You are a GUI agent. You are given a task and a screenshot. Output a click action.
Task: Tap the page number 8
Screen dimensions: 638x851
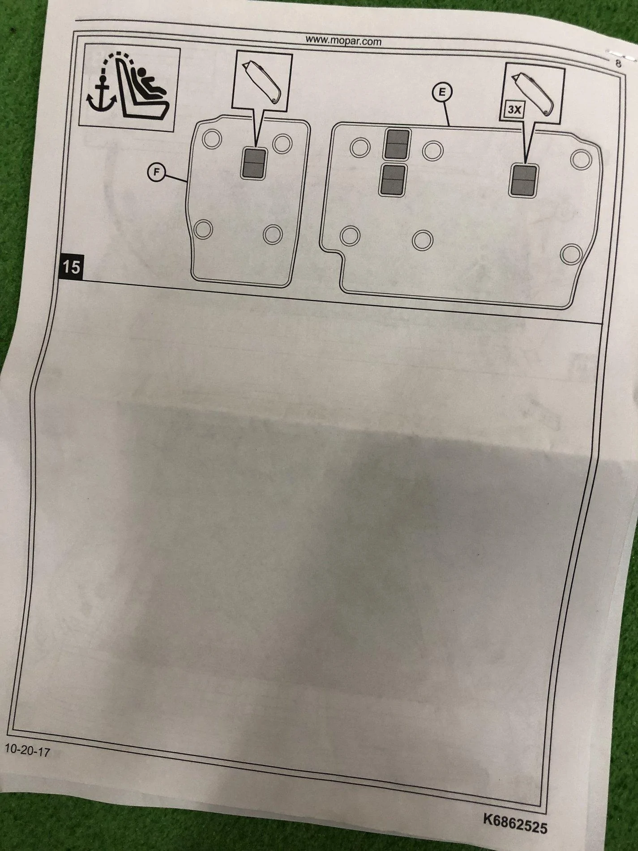(x=618, y=64)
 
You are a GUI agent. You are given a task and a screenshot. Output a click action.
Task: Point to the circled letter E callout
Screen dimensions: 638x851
(x=442, y=93)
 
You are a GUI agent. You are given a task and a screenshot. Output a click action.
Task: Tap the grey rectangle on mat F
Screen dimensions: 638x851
(x=254, y=163)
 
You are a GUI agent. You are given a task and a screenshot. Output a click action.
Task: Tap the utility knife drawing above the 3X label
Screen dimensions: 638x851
(x=533, y=94)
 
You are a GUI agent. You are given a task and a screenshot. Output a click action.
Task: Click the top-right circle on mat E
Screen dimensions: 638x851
(x=581, y=159)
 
